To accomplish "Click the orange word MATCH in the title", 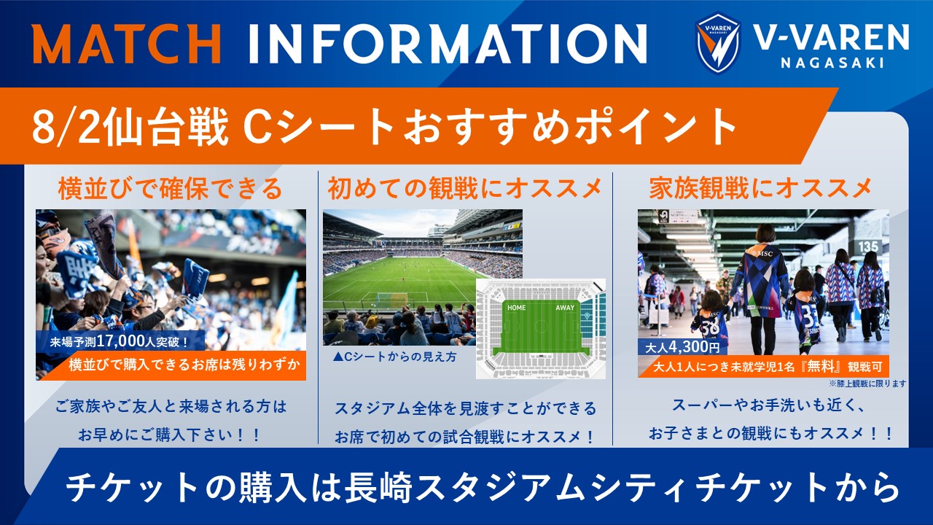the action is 126,44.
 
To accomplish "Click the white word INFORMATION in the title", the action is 448,44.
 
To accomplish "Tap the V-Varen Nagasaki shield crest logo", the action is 718,43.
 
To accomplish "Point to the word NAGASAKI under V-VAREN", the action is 832,63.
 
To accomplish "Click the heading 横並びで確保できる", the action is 171,189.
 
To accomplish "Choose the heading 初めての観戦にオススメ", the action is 465,189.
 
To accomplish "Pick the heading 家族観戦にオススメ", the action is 760,189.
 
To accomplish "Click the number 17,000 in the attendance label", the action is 120,342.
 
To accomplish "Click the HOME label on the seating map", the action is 517,308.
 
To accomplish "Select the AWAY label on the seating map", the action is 565,308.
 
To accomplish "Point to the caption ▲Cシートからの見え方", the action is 395,357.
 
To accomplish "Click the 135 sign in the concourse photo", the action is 868,246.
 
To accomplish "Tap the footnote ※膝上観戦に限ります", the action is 867,384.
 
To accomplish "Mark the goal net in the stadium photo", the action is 392,300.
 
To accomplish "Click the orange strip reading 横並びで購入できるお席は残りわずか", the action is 184,365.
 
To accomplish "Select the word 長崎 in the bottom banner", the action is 378,488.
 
